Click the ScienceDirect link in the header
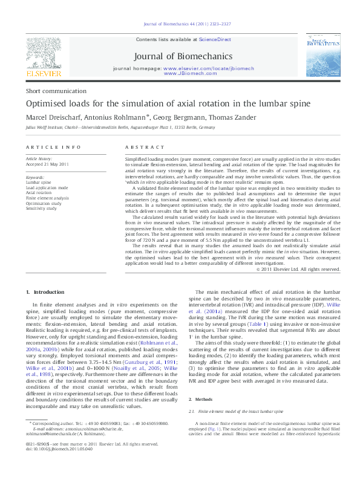click(x=216, y=39)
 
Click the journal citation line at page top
click(x=180, y=24)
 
